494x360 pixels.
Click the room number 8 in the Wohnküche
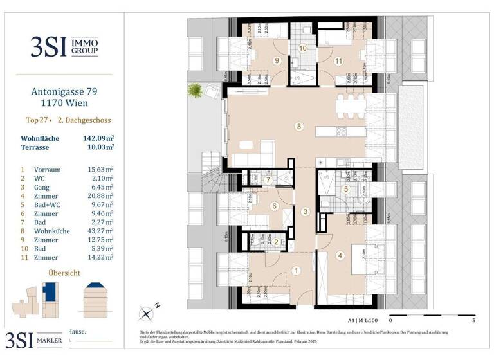[298, 126]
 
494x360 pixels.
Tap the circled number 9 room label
[276, 61]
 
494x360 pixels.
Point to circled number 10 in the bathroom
[302, 48]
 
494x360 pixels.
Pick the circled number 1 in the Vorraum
[297, 271]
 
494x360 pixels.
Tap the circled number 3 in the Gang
[306, 212]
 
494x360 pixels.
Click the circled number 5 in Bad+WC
[345, 188]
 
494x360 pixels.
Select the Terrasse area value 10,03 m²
[100, 147]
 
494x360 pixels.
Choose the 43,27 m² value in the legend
[100, 230]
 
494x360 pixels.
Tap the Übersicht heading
[64, 273]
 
